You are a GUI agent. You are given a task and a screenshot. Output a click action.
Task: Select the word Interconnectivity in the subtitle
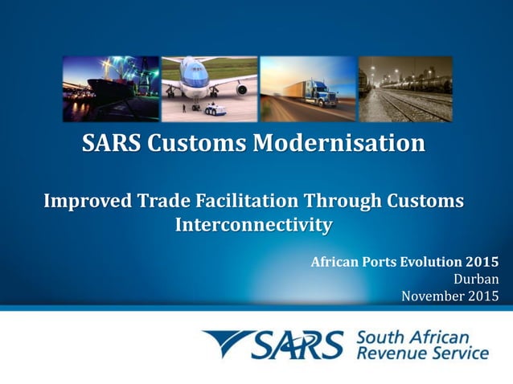[x=252, y=224]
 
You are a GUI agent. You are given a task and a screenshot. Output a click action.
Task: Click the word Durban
[x=476, y=280]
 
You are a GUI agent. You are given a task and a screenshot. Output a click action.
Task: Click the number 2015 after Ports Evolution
[x=482, y=262]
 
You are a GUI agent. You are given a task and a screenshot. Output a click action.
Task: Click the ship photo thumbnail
[x=111, y=88]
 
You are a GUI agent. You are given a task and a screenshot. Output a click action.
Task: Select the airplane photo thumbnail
[x=209, y=88]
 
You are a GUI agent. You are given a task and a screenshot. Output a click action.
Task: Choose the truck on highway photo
[x=308, y=88]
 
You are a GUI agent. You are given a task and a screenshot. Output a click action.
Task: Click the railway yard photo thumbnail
[x=405, y=88]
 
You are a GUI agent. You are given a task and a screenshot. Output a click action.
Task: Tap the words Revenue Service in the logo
[x=421, y=353]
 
